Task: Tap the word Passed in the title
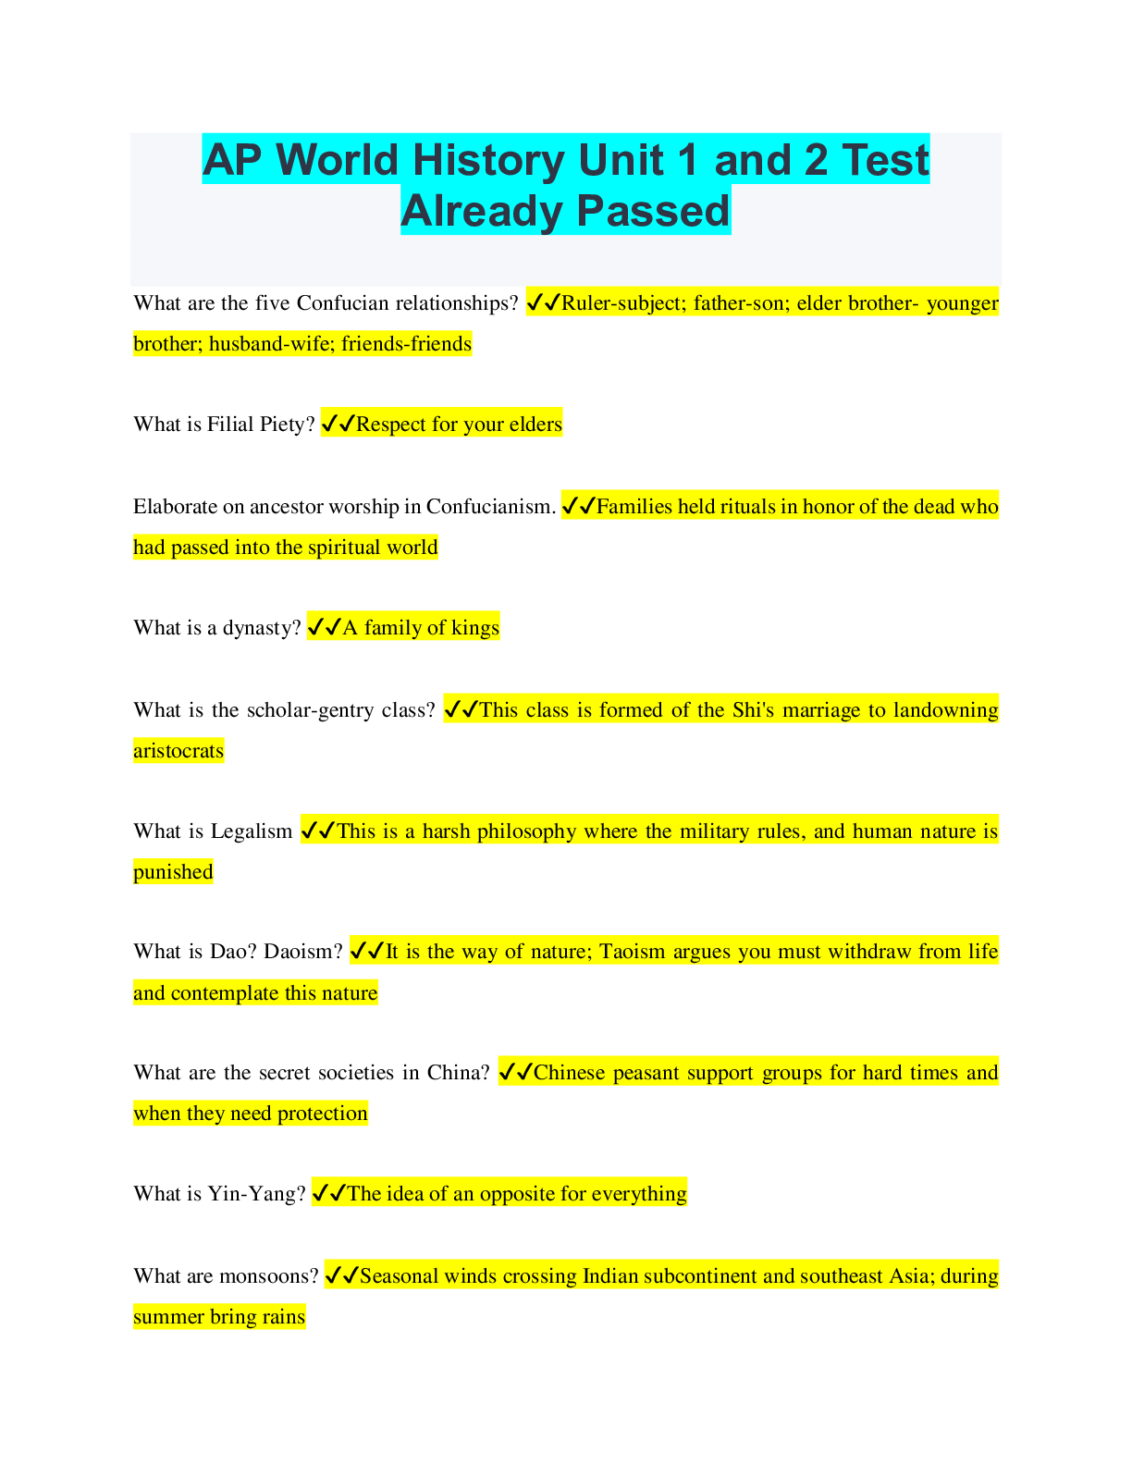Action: (x=653, y=211)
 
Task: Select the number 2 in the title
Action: (x=815, y=160)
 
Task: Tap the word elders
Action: (x=535, y=425)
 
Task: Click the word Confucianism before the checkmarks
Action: (x=491, y=506)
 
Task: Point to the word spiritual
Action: (x=345, y=548)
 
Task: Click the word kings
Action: (x=475, y=628)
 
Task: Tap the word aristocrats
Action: (x=178, y=751)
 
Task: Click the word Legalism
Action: (x=252, y=831)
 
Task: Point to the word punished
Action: (x=173, y=872)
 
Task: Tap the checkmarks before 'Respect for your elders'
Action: (x=338, y=425)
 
